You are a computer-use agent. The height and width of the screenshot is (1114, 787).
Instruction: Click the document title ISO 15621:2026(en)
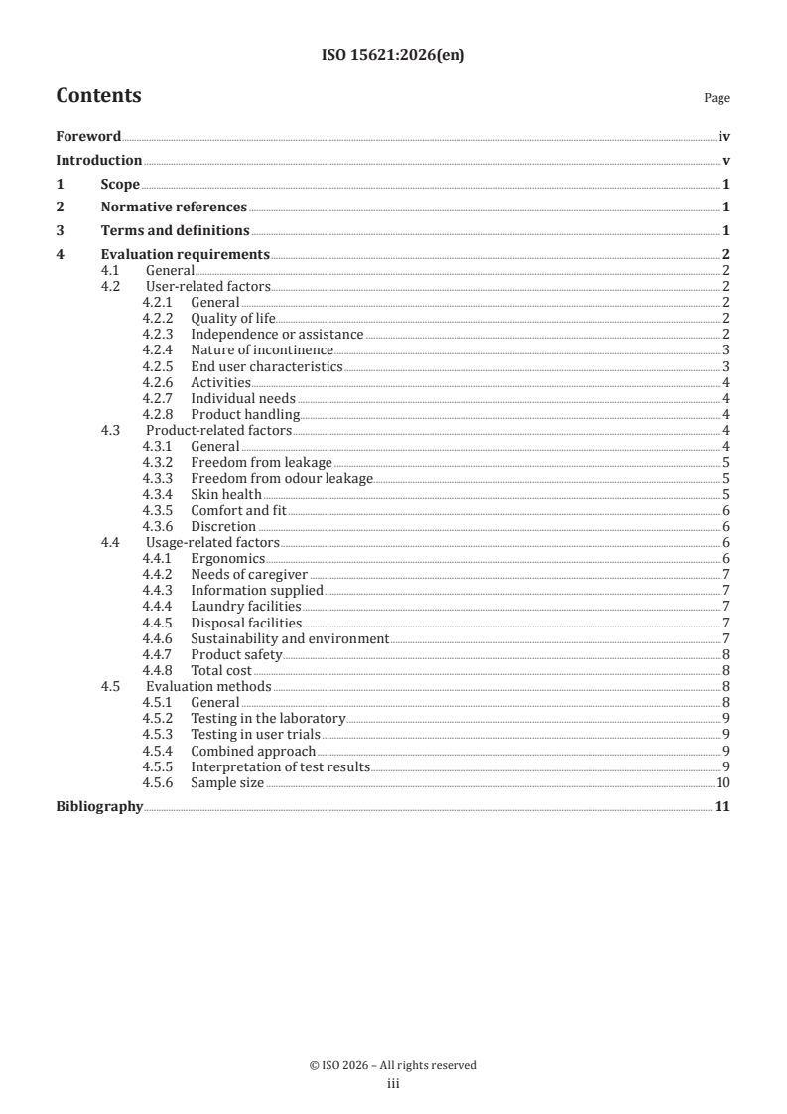click(x=393, y=56)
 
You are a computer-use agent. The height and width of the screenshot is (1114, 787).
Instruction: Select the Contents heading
click(x=98, y=96)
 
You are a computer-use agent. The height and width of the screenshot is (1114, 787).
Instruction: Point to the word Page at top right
click(x=717, y=98)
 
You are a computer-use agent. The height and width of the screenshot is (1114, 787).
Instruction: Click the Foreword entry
click(x=88, y=137)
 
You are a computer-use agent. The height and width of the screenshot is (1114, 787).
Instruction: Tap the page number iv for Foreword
click(x=724, y=137)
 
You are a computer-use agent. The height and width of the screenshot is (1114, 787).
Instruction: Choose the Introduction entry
click(x=98, y=160)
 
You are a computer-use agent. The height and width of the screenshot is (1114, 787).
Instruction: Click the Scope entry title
click(x=120, y=184)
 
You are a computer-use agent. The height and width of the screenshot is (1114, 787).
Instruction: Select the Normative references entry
click(x=174, y=208)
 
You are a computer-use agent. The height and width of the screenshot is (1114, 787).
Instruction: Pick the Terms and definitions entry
click(x=175, y=231)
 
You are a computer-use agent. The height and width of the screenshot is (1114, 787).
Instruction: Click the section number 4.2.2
click(x=157, y=318)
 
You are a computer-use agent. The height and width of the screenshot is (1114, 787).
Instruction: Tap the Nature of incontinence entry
click(x=262, y=349)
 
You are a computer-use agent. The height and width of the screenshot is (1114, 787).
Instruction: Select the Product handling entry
click(x=244, y=414)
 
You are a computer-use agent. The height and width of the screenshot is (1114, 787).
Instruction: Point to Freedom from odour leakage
click(x=282, y=479)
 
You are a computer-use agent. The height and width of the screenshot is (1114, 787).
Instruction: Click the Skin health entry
click(x=226, y=494)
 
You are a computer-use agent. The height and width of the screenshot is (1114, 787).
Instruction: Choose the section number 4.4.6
click(x=157, y=638)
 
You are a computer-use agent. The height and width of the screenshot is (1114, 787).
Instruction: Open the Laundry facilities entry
click(x=246, y=607)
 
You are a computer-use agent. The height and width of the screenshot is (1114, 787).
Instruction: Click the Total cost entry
click(x=221, y=671)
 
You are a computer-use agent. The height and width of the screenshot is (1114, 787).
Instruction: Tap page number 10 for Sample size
click(x=723, y=783)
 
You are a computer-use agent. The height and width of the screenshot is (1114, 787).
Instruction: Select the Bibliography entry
click(x=99, y=807)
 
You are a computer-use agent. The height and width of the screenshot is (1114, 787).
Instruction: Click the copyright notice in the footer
click(x=393, y=1065)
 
